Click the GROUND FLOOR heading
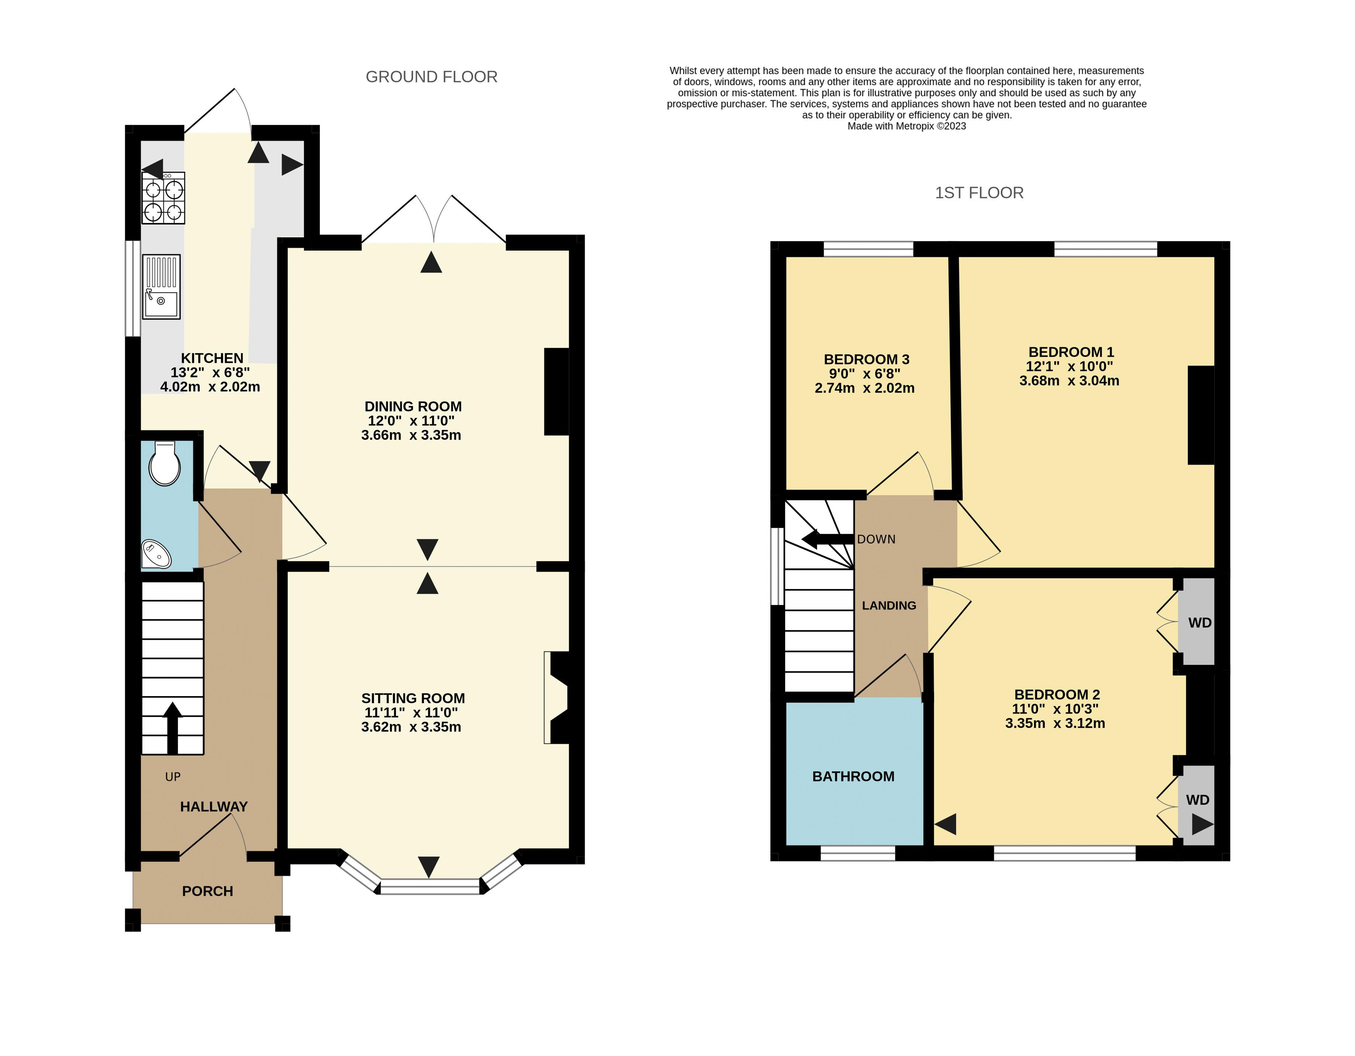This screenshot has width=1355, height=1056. point(431,77)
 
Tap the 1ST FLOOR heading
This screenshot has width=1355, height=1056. point(979,193)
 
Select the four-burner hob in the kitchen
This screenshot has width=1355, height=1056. point(163,197)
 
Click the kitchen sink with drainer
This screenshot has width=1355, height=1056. point(161,287)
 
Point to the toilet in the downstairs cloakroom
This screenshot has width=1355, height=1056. point(165,464)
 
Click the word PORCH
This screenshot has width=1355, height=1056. point(207,891)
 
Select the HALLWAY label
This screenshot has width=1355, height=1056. point(213,806)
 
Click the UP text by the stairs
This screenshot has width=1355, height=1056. point(172,777)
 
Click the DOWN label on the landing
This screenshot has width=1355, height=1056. point(876,540)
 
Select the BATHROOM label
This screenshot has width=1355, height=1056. point(853,776)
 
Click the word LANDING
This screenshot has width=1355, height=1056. point(889,606)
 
